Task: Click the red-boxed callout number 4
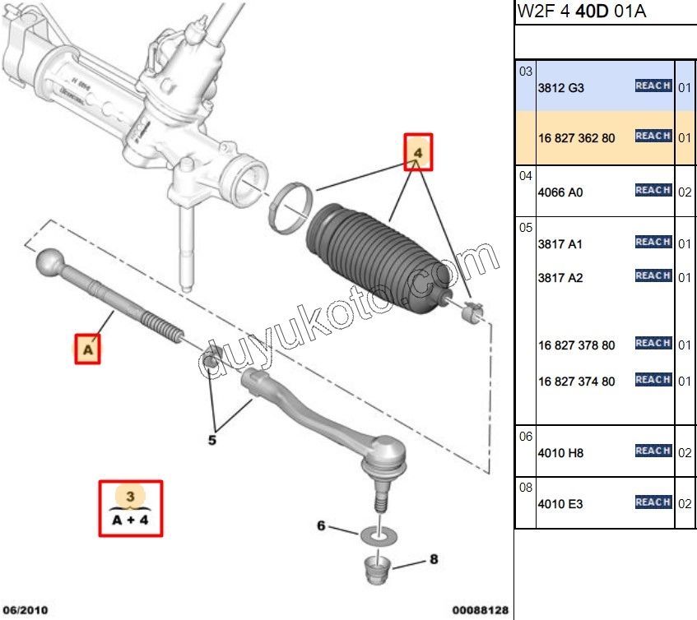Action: pos(417,153)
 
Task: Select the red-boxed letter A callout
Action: pos(87,350)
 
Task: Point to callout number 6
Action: pos(322,525)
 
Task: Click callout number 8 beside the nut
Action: pos(433,560)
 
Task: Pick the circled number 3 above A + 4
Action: pos(131,497)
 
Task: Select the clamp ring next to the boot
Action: pos(292,207)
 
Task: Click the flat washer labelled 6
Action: pos(379,535)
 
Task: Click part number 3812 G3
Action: pos(560,87)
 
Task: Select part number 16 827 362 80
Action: pos(576,137)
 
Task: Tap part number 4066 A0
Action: pos(560,192)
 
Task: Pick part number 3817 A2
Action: pos(560,278)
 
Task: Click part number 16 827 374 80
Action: pos(576,382)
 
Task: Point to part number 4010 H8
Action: pos(560,453)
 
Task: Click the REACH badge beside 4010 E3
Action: pos(653,502)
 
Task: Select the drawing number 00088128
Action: pos(481,610)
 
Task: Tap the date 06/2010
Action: pos(26,610)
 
